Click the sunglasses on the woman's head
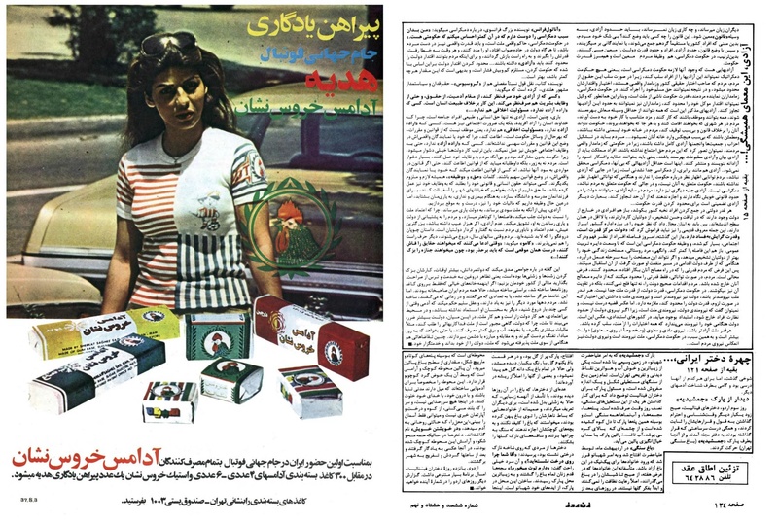[x=167, y=43]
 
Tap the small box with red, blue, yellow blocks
[x=167, y=400]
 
